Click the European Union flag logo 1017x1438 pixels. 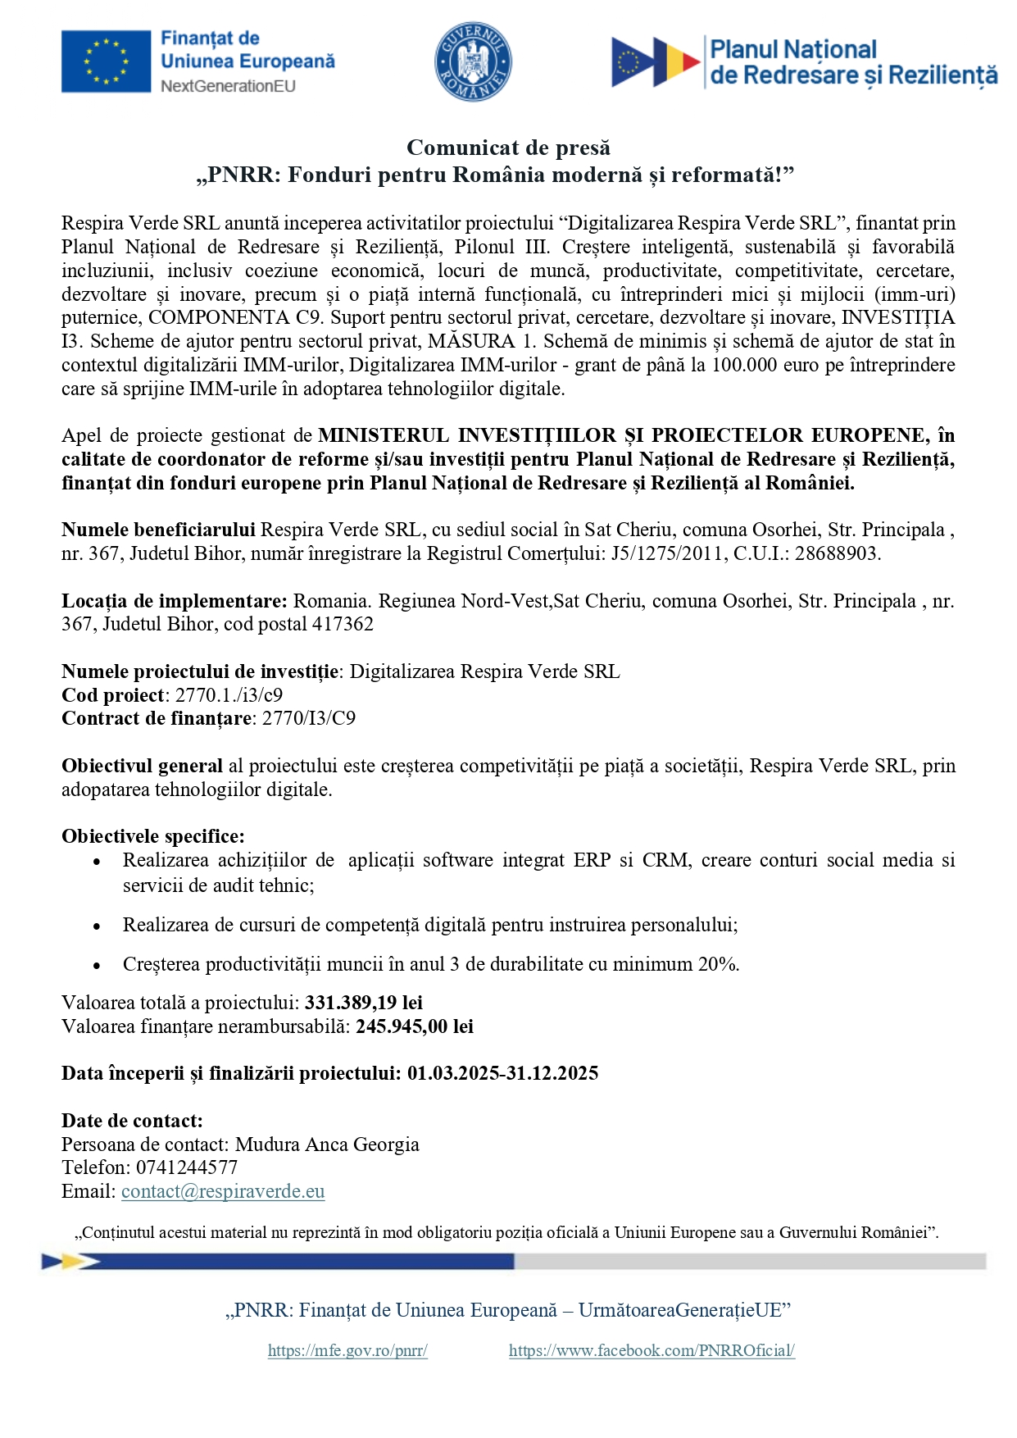pyautogui.click(x=106, y=61)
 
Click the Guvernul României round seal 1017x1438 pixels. pyautogui.click(x=473, y=62)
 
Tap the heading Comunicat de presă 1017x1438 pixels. pyautogui.click(x=508, y=148)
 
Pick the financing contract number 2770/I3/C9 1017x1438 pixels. pyautogui.click(x=309, y=718)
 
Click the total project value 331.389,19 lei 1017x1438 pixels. pyautogui.click(x=364, y=1003)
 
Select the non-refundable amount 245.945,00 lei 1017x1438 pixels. pyautogui.click(x=415, y=1026)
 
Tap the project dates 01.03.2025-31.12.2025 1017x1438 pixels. pyautogui.click(x=502, y=1073)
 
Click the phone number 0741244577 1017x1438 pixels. pyautogui.click(x=187, y=1167)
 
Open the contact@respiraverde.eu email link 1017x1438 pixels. pyautogui.click(x=223, y=1191)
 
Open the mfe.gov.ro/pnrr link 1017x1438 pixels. pyautogui.click(x=347, y=1350)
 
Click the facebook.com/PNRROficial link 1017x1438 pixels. pyautogui.click(x=652, y=1350)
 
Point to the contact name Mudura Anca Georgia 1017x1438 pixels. pyautogui.click(x=327, y=1144)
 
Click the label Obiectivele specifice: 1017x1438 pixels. pyautogui.click(x=153, y=836)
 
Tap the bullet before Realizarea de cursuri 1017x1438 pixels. pyautogui.click(x=97, y=926)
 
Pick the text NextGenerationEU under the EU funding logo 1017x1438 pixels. pyautogui.click(x=228, y=86)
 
